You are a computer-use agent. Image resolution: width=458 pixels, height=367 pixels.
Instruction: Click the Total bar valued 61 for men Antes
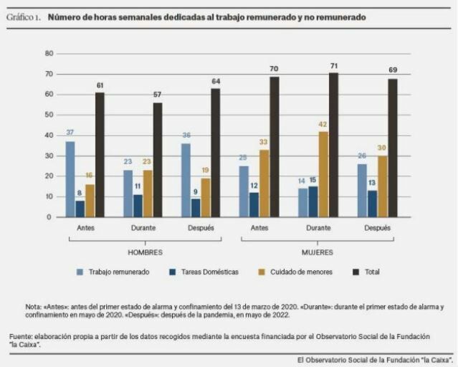[100, 154]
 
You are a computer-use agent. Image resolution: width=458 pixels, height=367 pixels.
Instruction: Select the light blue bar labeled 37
[70, 178]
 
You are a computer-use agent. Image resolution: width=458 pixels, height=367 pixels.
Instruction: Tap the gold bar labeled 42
[323, 173]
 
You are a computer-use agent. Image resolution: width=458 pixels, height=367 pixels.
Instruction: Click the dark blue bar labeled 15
[313, 201]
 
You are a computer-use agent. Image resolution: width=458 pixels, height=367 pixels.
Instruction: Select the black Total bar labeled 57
[158, 159]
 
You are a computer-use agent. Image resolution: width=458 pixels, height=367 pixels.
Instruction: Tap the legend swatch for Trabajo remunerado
[81, 272]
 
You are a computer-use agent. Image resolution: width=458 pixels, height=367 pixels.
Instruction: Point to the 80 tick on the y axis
[49, 54]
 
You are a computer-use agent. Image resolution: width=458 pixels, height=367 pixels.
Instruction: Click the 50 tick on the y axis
[49, 115]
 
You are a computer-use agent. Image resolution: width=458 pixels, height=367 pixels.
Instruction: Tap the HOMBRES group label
[145, 252]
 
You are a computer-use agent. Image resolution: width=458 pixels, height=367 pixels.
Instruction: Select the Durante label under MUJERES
[318, 228]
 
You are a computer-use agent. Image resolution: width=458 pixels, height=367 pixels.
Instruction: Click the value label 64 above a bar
[216, 81]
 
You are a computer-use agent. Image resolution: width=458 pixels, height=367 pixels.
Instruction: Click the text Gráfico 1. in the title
[24, 16]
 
